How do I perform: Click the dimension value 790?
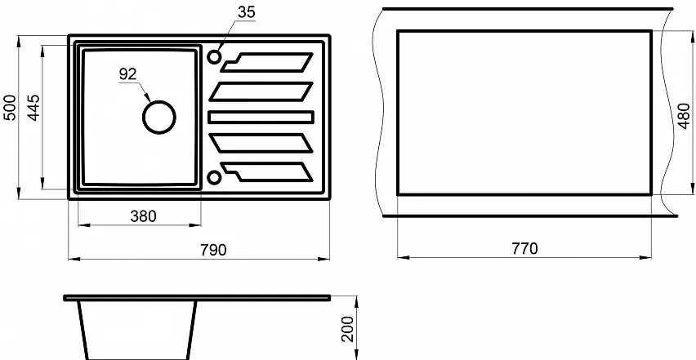[213, 250]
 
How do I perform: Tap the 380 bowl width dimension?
[144, 216]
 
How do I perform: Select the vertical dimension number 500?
[9, 107]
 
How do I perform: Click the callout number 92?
[127, 74]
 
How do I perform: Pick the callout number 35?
[247, 12]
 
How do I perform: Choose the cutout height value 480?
[684, 116]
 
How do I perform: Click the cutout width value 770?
[524, 248]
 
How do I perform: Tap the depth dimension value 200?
[349, 328]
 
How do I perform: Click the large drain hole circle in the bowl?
[159, 101]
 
